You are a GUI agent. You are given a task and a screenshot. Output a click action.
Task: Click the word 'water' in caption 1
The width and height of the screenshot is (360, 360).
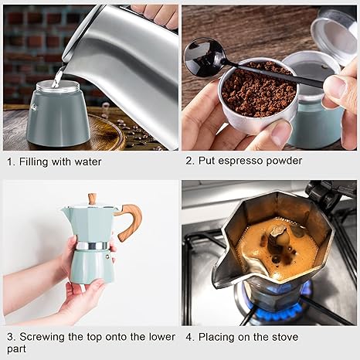[85, 162]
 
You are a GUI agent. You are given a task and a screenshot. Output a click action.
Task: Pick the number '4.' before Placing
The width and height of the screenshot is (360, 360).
[189, 337]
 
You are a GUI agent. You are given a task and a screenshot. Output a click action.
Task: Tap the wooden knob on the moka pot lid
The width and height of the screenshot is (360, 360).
[92, 199]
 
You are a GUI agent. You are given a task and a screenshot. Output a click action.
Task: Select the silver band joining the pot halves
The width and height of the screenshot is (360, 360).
[92, 246]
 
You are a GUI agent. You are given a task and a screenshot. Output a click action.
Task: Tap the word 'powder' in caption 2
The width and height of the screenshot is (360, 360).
[282, 161]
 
